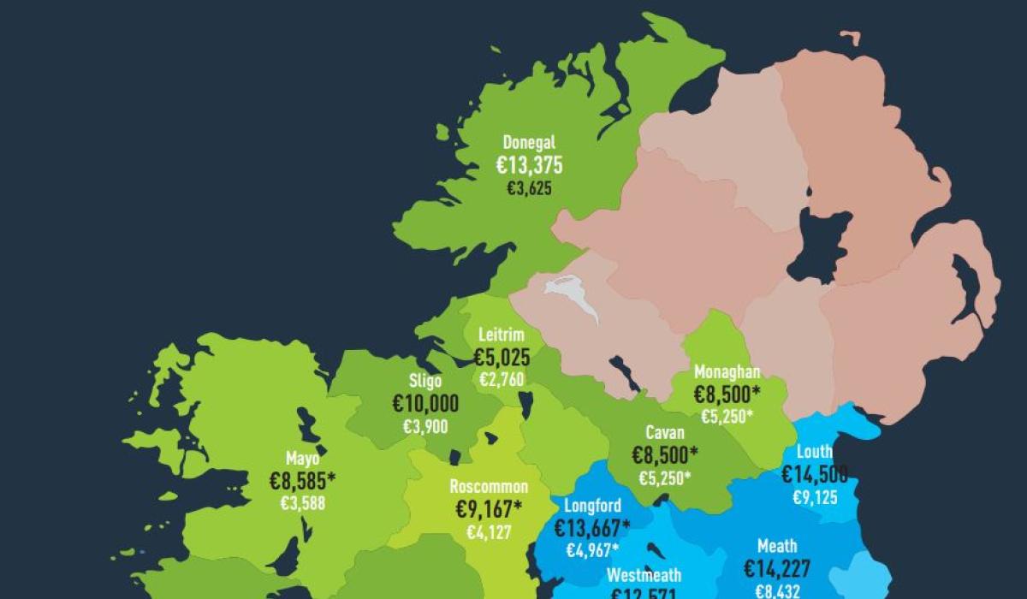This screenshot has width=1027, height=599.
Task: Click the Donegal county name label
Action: coord(529,143)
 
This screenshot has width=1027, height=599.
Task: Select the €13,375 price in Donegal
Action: coord(529,166)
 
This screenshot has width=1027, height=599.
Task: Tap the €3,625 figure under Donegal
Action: coord(529,188)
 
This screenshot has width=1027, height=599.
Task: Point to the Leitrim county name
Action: coord(501,335)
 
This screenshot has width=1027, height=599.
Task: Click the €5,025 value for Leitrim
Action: coord(502,357)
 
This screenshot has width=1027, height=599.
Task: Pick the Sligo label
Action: coord(425,382)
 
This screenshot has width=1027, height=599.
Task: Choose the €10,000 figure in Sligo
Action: coord(425,404)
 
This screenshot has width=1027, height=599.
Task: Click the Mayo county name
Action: coord(303,460)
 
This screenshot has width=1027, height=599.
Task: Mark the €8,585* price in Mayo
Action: coord(303,482)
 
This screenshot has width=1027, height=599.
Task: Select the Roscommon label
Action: coord(489,487)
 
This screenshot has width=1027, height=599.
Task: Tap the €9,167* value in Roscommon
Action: coord(489,509)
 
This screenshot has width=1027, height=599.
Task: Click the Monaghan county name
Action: coord(727,372)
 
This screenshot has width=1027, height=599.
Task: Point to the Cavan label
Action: coord(664,433)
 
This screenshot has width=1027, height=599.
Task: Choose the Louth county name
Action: coord(814,452)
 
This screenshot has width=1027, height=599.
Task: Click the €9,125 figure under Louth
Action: coord(814,496)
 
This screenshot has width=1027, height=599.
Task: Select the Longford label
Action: coord(592,506)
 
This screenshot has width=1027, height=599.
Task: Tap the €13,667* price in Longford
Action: coord(592,528)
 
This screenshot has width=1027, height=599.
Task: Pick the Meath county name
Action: coord(777,546)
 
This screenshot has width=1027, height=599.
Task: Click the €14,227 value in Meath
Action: coord(777,568)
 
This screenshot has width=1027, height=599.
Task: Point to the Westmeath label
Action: coord(644,574)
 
